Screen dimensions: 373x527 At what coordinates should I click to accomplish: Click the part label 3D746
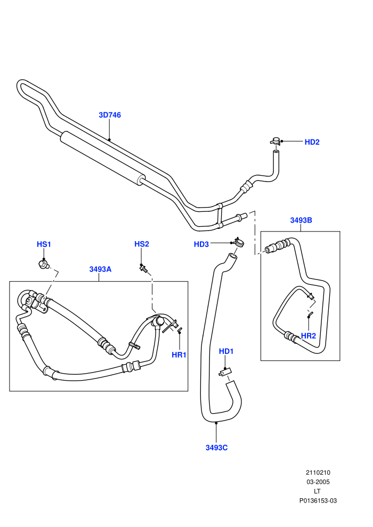(x=110, y=115)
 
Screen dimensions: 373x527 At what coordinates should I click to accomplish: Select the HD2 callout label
(x=312, y=142)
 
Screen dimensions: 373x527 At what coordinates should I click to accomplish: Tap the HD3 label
(x=201, y=244)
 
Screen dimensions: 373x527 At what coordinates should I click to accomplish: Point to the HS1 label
(x=44, y=244)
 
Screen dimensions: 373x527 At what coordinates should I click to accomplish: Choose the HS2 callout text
(x=142, y=244)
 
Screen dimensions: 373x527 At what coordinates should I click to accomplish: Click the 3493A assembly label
(x=100, y=269)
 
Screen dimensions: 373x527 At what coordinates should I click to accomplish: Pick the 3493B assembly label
(x=301, y=220)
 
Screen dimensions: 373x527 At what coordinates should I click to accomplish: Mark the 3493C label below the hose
(x=216, y=448)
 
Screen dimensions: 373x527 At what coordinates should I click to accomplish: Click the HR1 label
(x=179, y=355)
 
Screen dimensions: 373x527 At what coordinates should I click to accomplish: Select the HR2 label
(x=309, y=336)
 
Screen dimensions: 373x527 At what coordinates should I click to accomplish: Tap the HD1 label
(x=226, y=351)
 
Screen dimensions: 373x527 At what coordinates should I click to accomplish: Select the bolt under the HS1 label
(x=43, y=264)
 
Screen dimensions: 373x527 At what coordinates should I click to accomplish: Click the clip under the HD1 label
(x=224, y=372)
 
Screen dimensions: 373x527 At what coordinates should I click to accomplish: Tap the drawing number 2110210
(x=318, y=473)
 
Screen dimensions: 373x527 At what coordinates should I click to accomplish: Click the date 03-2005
(x=318, y=482)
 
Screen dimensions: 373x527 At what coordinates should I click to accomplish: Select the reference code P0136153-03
(x=318, y=501)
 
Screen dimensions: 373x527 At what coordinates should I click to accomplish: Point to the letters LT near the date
(x=317, y=491)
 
